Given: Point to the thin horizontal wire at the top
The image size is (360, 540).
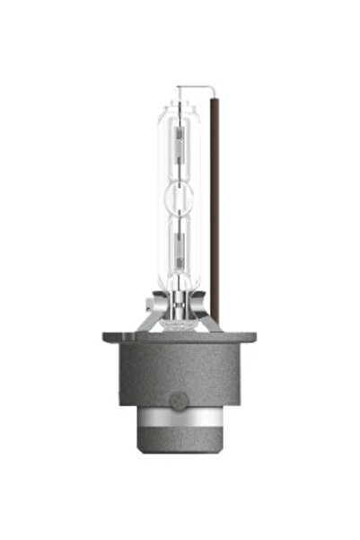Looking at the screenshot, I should coord(198,87).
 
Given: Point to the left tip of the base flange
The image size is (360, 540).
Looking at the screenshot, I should coord(106,338).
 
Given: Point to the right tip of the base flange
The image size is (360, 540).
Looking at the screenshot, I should coord(255,338).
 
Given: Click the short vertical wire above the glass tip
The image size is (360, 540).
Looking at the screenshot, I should coord(180,93).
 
